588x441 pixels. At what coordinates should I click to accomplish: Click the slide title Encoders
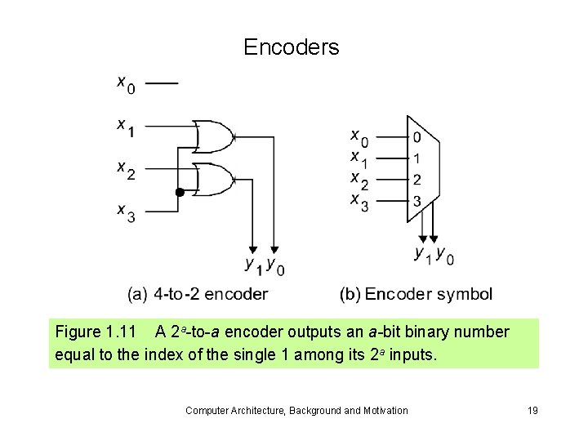click(291, 47)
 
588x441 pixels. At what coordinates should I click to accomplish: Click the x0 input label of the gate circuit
click(125, 83)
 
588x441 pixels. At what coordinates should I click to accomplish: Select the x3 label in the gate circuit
click(125, 212)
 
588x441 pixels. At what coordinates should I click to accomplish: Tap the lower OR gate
click(216, 179)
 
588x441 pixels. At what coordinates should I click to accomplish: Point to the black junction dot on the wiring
click(178, 193)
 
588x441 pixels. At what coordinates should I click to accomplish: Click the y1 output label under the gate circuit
click(253, 265)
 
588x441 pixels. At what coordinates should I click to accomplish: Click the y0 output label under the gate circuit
click(275, 265)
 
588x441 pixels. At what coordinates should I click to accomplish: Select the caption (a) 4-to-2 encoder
click(198, 294)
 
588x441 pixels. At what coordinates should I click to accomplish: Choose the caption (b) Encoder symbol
click(416, 294)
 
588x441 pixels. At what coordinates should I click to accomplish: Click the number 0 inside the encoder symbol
click(416, 137)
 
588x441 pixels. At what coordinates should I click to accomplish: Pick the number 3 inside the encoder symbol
click(416, 200)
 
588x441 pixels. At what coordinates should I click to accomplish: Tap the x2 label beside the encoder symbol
click(359, 179)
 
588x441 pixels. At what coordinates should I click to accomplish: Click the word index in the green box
click(165, 356)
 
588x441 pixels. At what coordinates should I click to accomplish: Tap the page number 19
click(532, 410)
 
